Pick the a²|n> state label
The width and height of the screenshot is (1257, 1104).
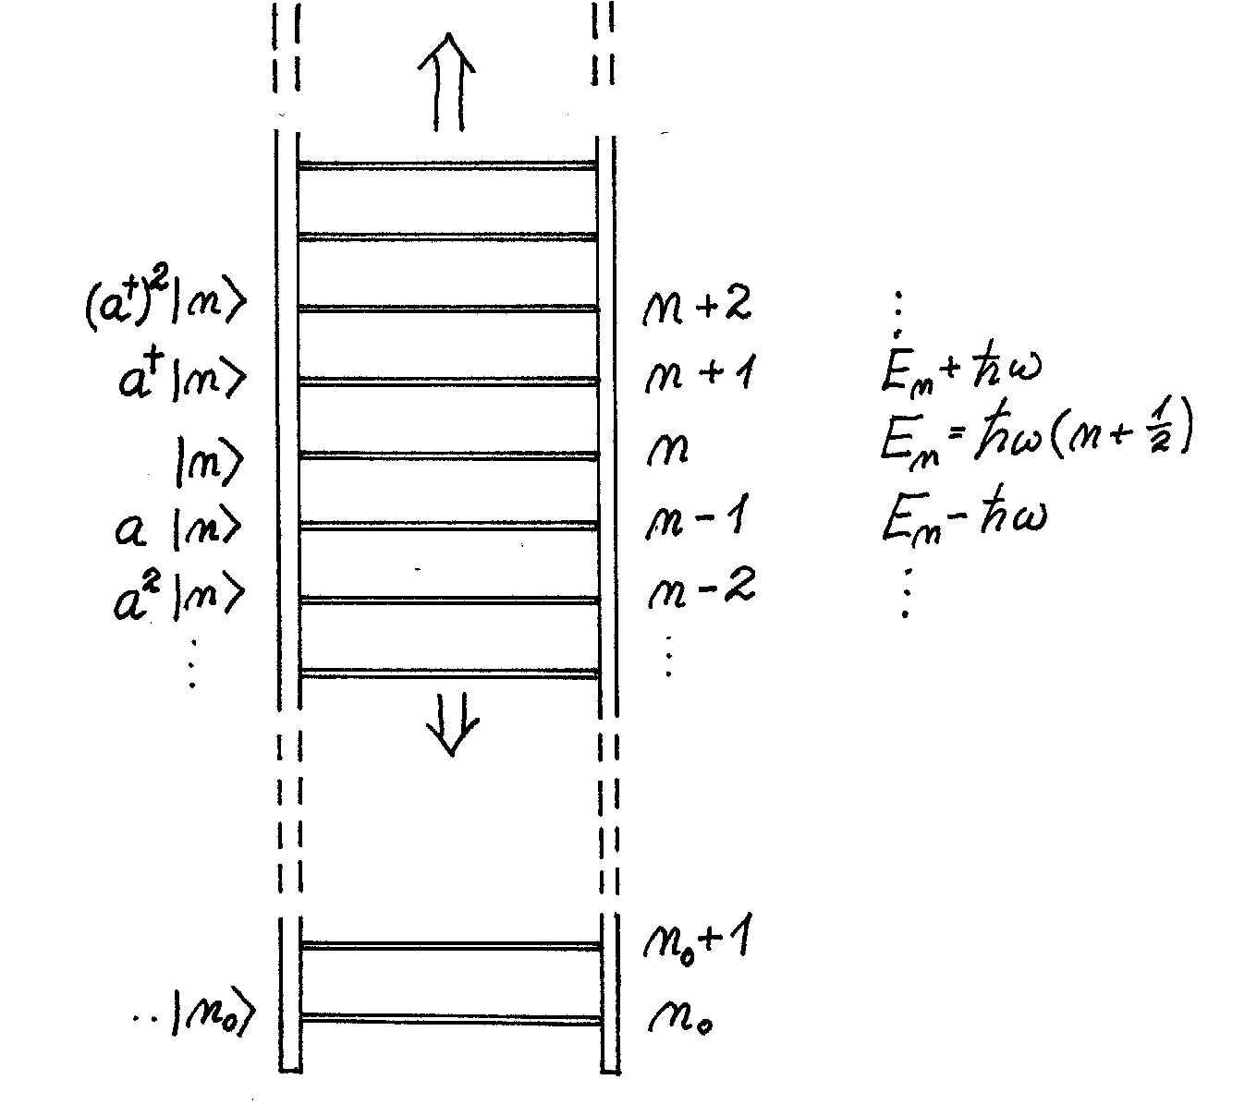[180, 596]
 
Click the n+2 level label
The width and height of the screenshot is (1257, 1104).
[696, 306]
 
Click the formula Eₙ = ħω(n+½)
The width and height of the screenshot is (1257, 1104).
[1032, 440]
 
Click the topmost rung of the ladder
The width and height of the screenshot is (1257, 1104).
[447, 165]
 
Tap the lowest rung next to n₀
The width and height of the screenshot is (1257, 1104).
[451, 1019]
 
